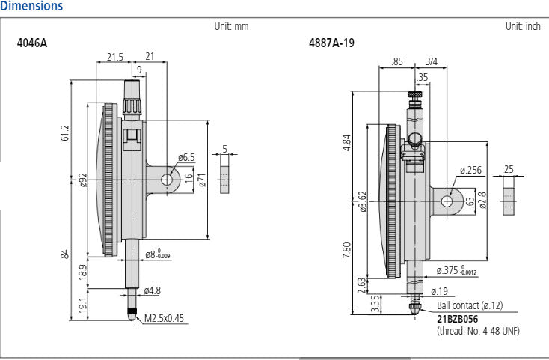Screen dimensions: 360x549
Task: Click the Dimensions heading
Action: [x=31, y=7]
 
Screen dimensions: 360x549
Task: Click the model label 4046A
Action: [x=31, y=43]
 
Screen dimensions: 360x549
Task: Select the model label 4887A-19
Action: [x=331, y=43]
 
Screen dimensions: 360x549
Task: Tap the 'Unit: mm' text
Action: [x=231, y=26]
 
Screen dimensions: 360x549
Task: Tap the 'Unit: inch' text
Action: [x=523, y=26]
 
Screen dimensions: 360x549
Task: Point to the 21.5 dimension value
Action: [x=114, y=57]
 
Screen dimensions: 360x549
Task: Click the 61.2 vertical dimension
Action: [x=65, y=132]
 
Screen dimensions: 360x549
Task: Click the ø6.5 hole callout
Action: [x=186, y=157]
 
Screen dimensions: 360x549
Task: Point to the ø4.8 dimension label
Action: [x=153, y=290]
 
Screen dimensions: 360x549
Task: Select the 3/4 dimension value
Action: [x=432, y=61]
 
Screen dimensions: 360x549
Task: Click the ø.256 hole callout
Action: [x=470, y=170]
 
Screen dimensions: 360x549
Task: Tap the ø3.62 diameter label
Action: [x=363, y=201]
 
